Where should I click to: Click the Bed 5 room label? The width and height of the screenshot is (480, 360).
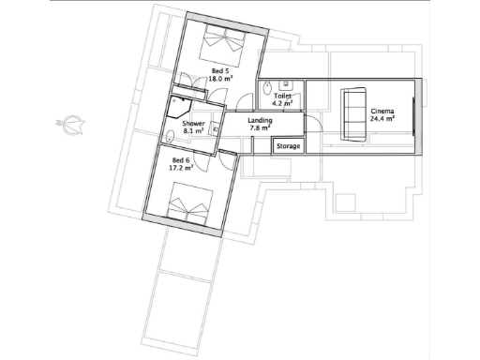coord(217,71)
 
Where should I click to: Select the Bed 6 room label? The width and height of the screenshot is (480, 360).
coord(181,161)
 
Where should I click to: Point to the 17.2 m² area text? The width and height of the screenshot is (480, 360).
coord(181,170)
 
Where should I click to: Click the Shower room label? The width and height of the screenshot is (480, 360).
coord(193,123)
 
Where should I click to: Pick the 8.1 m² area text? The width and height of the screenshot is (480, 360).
coord(193,131)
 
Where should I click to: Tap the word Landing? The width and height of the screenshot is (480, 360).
coord(261,121)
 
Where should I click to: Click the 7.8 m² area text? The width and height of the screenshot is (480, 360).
coord(261,129)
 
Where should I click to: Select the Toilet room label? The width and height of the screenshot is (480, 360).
coord(282,96)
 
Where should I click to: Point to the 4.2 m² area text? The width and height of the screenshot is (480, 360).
coord(282,104)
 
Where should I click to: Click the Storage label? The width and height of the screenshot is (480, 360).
coord(288,146)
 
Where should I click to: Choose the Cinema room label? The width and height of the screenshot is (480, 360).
coord(381,111)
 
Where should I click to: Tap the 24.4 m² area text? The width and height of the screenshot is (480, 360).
coord(381,119)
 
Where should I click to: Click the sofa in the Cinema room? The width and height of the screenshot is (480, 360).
coord(352,113)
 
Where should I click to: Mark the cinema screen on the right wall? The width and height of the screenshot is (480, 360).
coord(413,113)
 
